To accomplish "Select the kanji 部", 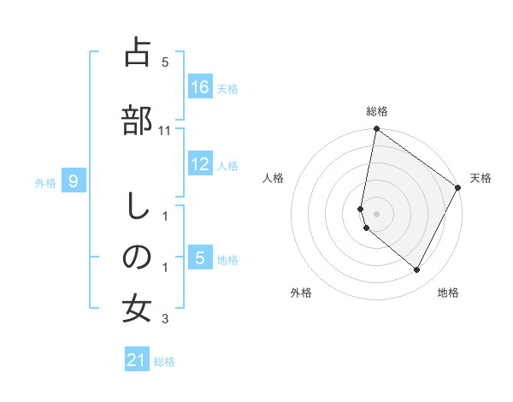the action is pyautogui.click(x=138, y=119).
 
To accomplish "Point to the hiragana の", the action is pyautogui.click(x=138, y=257).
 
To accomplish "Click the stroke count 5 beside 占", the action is pyautogui.click(x=165, y=62).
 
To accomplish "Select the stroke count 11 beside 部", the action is pyautogui.click(x=165, y=130).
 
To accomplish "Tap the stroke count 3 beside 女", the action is pyautogui.click(x=165, y=320).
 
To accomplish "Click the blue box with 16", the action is pyautogui.click(x=199, y=86).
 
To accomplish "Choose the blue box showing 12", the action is pyautogui.click(x=199, y=164).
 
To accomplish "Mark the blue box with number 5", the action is pyautogui.click(x=199, y=257).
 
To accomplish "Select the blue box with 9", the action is pyautogui.click(x=74, y=180).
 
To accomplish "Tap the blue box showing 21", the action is pyautogui.click(x=137, y=360).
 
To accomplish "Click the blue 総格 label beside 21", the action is pyautogui.click(x=164, y=362).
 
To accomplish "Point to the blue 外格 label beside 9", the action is pyautogui.click(x=45, y=182).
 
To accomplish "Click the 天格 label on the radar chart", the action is pyautogui.click(x=481, y=178).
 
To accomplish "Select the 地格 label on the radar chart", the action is pyautogui.click(x=448, y=293).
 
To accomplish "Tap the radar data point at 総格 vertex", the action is pyautogui.click(x=376, y=129).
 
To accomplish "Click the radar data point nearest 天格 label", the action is pyautogui.click(x=458, y=187).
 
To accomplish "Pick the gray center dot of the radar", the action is pyautogui.click(x=376, y=214).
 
